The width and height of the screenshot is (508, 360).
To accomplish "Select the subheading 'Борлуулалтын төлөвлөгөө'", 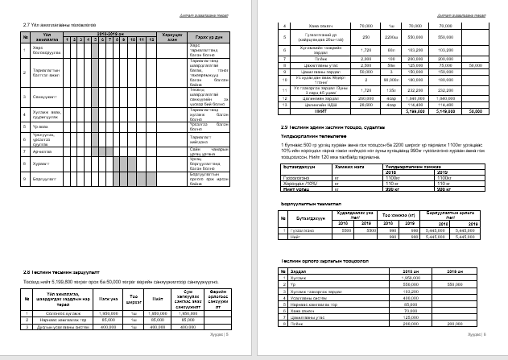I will coord(309,204).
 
